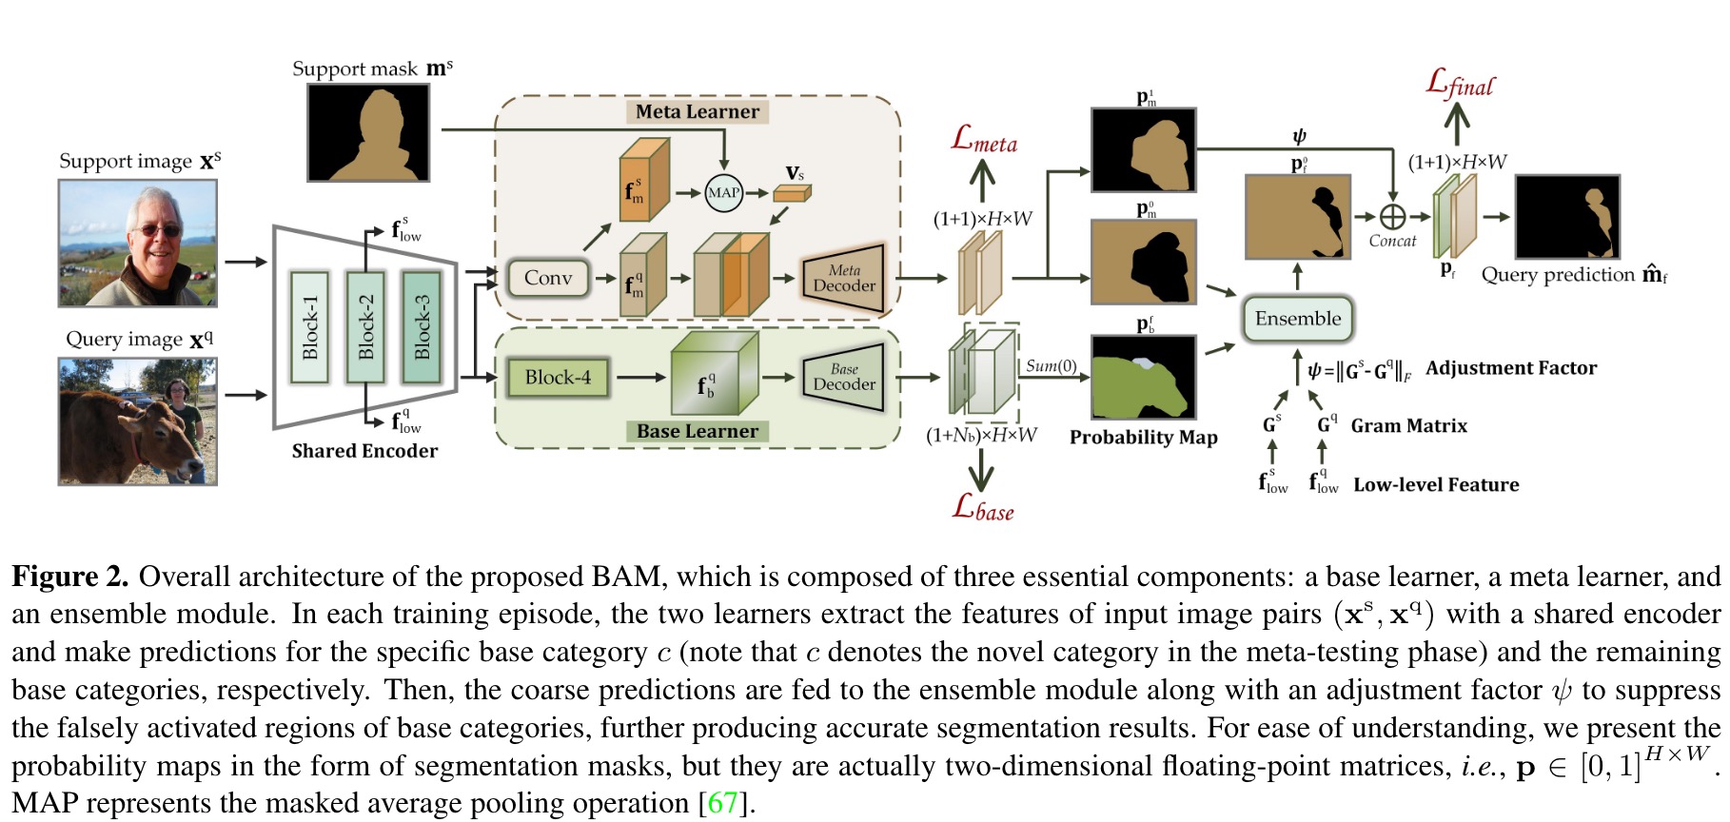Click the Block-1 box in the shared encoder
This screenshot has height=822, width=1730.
click(x=310, y=326)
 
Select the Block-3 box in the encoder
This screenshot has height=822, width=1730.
click(x=422, y=326)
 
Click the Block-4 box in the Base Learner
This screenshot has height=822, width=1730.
click(x=558, y=377)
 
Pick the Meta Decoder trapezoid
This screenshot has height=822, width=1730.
click(x=843, y=278)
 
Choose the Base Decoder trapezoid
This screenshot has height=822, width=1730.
click(x=843, y=377)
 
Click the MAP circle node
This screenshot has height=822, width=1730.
click(x=723, y=192)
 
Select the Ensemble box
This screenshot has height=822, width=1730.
click(x=1297, y=319)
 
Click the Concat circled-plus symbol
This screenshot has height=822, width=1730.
click(x=1392, y=217)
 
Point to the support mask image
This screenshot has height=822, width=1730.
click(x=368, y=132)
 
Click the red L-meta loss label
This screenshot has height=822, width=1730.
click(x=984, y=141)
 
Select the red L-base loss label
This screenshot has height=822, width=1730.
click(x=983, y=508)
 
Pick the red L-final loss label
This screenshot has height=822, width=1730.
click(x=1460, y=84)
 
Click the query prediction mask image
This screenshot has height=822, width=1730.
click(x=1566, y=217)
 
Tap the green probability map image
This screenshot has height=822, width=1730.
click(x=1143, y=377)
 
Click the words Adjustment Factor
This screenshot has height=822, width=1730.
click(x=1510, y=368)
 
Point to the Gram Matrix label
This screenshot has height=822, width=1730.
click(x=1408, y=425)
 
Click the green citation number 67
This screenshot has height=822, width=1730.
click(x=722, y=803)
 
